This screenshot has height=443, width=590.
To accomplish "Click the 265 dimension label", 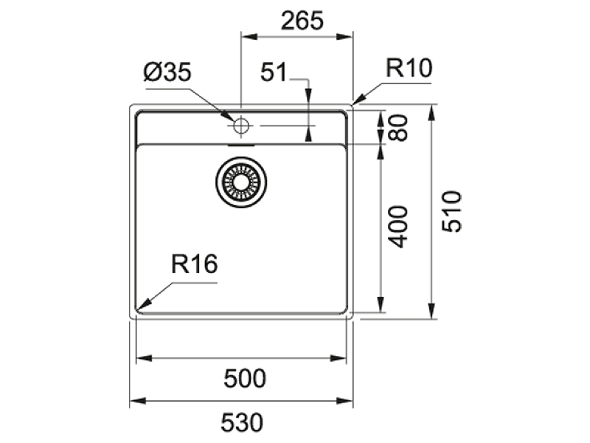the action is (x=302, y=21).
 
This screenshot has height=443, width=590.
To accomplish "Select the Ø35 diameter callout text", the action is (x=167, y=72).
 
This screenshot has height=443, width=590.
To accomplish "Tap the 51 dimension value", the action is (x=274, y=72).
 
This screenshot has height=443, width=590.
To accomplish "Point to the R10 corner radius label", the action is (x=409, y=68).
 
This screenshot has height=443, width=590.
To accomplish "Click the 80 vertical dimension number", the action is (x=398, y=127).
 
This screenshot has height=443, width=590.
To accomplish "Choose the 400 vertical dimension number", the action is (x=398, y=227).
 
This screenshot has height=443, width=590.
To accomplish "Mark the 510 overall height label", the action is (x=451, y=212).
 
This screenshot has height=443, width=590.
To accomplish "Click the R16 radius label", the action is (x=194, y=264).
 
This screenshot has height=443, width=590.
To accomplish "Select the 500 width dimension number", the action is (x=245, y=378).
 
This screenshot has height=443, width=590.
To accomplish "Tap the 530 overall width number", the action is (x=242, y=422).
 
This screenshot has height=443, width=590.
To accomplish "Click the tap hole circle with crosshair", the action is (x=241, y=126).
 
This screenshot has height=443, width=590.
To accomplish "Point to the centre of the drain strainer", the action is (x=241, y=182).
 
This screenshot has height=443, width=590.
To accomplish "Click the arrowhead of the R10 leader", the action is (x=358, y=99).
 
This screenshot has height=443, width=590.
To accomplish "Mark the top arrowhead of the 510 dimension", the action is (x=432, y=113).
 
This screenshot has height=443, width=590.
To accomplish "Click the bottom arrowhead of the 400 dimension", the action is (x=381, y=304).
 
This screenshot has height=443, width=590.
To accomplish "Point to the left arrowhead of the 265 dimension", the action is (x=249, y=36).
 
